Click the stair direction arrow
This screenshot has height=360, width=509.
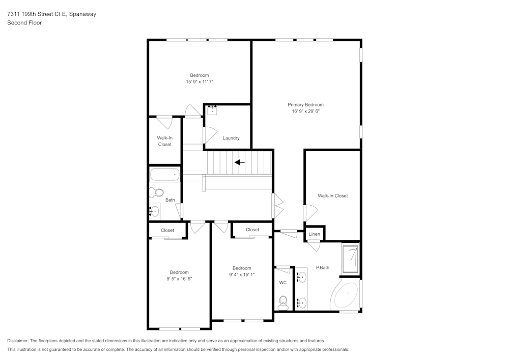[x=239, y=162]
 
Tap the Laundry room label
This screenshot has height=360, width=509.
[x=231, y=138]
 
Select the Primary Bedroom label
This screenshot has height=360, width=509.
[x=305, y=104]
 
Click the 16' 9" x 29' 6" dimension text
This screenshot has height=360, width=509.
[x=305, y=111]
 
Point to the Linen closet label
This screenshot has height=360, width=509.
[x=315, y=234]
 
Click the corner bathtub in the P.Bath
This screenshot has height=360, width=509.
[x=347, y=295]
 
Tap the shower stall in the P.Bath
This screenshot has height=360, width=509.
[x=350, y=259]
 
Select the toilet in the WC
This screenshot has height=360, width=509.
[x=284, y=303]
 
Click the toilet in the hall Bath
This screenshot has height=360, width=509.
[x=156, y=192]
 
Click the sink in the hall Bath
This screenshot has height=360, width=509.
[x=155, y=211]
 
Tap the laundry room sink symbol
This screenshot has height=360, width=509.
[x=212, y=110]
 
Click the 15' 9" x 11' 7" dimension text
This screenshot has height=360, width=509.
[x=200, y=81]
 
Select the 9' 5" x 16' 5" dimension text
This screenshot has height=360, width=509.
[x=179, y=279]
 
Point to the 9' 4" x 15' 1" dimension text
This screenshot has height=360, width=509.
[x=242, y=274]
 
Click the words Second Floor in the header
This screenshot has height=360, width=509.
[x=24, y=23]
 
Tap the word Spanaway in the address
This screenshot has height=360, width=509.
[x=82, y=14]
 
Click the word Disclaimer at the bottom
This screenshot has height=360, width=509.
[x=18, y=341]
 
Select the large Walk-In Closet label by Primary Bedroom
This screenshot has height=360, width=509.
[x=332, y=196]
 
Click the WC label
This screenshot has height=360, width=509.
[x=282, y=283]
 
